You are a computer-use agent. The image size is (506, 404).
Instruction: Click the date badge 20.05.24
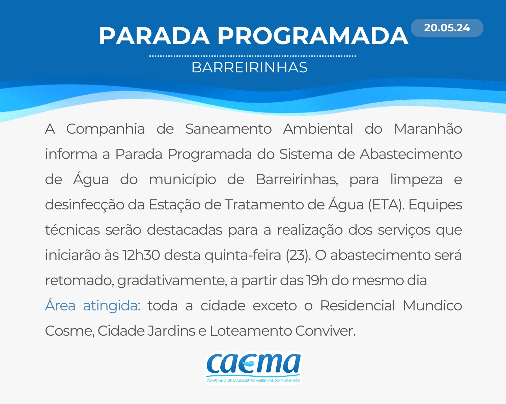(447, 28)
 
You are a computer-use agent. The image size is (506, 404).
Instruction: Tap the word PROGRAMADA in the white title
(312, 36)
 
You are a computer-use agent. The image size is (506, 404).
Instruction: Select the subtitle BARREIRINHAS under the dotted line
(250, 67)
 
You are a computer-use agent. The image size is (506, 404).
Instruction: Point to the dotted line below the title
(253, 56)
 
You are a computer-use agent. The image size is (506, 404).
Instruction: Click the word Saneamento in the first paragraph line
(228, 129)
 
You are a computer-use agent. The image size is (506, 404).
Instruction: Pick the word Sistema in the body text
(306, 154)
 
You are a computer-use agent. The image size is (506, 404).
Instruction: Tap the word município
(182, 179)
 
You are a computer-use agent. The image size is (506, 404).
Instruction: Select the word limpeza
(416, 179)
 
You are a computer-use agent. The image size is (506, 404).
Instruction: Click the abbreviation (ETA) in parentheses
(385, 205)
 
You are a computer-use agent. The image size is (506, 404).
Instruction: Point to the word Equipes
(435, 205)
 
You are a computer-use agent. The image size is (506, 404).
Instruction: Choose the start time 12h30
(141, 255)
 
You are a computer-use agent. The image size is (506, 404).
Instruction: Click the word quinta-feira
(243, 256)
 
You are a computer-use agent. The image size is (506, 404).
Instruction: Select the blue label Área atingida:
(93, 306)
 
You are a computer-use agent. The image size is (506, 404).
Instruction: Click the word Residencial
(358, 306)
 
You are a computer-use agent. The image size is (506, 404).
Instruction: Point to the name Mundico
(433, 306)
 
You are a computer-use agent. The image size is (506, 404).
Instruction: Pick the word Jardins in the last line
(171, 331)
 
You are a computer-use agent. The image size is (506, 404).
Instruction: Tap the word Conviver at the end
(325, 331)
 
